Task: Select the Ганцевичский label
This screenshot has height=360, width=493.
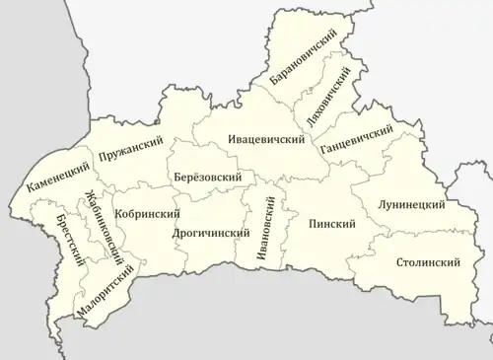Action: point(357,139)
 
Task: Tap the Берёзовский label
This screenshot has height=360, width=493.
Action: point(208,177)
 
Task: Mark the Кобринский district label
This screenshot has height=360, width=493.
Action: point(147,213)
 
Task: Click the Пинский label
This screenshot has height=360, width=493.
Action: point(331,224)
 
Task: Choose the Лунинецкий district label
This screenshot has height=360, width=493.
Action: point(411,204)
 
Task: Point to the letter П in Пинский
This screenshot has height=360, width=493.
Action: point(311,224)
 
